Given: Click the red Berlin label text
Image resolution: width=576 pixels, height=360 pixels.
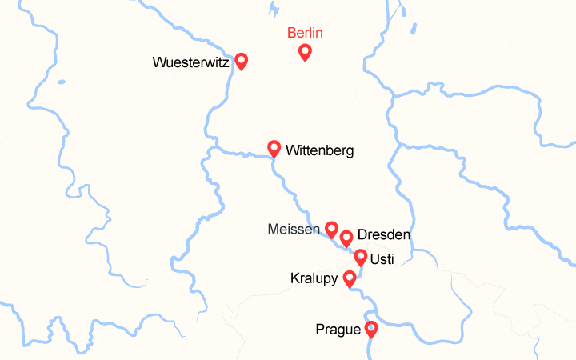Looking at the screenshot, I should pos(305,33).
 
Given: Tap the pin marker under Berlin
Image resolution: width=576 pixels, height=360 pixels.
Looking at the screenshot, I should pos(305,52).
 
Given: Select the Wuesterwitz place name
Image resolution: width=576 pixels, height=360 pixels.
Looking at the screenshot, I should pos(191,62).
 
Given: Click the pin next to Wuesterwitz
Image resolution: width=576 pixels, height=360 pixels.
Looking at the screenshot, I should pos(241,61).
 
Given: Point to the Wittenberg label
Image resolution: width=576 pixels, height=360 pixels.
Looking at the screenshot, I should pos(319,150).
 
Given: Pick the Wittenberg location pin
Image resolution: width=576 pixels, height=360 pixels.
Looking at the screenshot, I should pos(274,148).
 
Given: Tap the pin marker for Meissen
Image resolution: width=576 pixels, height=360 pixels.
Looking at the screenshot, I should pos(331,230).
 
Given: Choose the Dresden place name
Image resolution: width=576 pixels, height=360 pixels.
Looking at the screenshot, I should pos(384,235).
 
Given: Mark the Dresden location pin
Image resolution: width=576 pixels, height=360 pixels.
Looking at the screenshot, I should pos(346,238).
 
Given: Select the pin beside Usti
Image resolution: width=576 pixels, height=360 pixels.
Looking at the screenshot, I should pos(361,257).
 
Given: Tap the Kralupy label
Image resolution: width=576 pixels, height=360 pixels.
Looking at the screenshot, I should pos(314,278).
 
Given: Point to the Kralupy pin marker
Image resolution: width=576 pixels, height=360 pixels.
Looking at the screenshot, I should pos(349,278).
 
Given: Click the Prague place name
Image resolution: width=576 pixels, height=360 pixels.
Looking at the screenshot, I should pos(338,329).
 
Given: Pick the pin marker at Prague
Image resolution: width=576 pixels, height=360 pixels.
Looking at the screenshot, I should pos(371,328).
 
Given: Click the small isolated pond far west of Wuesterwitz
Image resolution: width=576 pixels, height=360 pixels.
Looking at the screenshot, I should pos(61,81).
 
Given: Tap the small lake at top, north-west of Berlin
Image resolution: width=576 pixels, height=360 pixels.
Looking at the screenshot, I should pos(274,10).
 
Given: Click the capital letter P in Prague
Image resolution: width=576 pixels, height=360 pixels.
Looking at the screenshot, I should pos(321,329).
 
